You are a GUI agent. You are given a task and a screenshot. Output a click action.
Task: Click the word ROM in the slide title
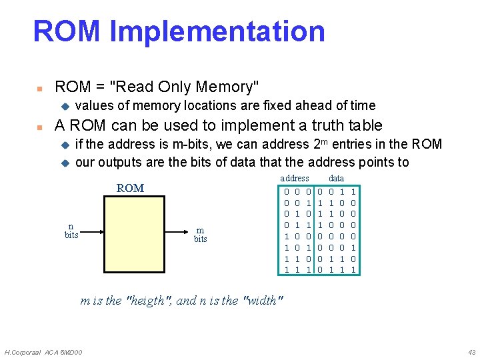66,31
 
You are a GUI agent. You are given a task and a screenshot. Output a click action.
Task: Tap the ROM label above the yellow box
130,188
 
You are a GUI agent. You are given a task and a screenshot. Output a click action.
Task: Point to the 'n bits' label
71,231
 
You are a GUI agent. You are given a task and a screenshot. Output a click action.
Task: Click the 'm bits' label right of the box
200,234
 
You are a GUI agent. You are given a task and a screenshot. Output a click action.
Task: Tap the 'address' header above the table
294,179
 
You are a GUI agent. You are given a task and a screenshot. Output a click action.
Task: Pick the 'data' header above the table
337,179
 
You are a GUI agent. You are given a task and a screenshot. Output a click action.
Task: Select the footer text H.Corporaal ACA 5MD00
43,351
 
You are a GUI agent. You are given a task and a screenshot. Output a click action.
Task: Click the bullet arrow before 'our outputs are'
65,162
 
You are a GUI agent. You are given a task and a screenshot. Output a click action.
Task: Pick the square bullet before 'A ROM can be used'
39,126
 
